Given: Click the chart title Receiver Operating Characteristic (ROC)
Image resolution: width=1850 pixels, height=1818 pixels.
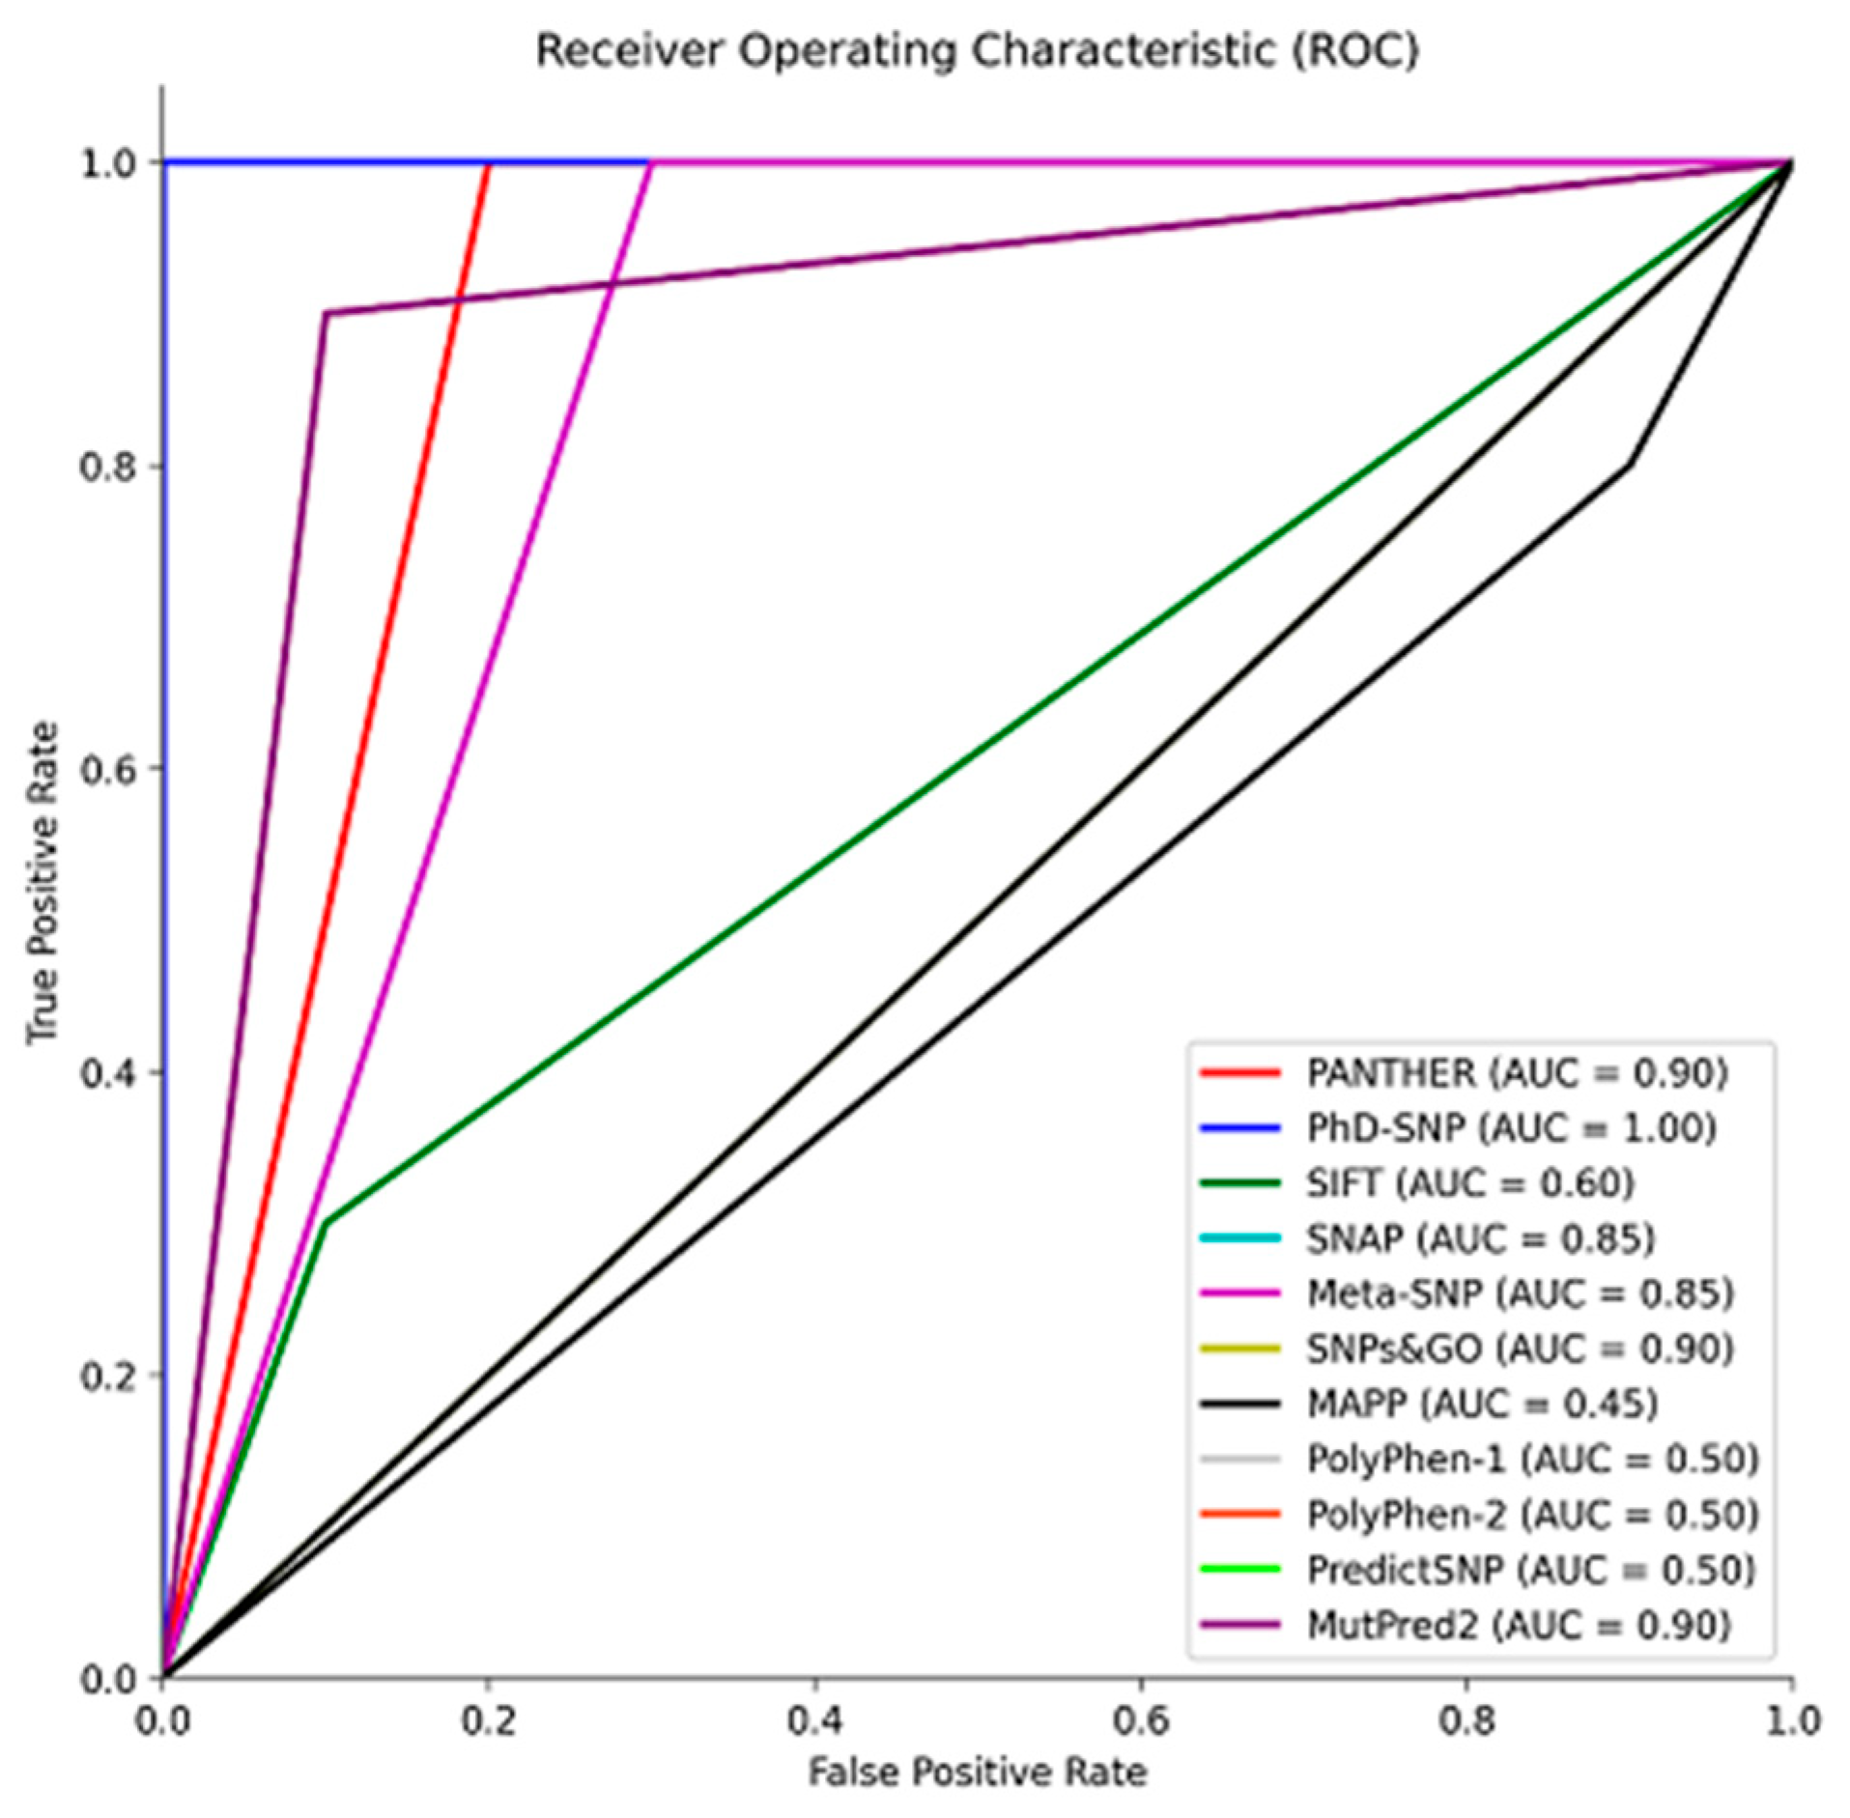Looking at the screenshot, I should [x=977, y=50].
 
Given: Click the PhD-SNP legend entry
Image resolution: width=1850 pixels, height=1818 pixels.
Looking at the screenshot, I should [x=1510, y=1127].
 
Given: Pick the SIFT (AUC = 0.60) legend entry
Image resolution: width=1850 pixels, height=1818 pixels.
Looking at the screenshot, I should [x=1469, y=1182].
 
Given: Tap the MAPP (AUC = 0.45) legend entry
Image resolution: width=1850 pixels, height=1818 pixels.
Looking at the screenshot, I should [x=1481, y=1404].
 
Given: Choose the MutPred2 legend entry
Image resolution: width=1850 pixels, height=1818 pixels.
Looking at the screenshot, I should [x=1517, y=1625].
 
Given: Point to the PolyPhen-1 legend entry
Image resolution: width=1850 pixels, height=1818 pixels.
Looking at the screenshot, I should [x=1532, y=1459].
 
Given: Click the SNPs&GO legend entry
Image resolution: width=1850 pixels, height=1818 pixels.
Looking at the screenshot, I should [x=1520, y=1349].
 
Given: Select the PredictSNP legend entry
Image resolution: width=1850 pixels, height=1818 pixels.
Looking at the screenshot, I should [x=1530, y=1570].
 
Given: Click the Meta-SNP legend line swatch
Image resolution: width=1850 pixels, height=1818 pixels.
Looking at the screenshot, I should [x=1241, y=1293].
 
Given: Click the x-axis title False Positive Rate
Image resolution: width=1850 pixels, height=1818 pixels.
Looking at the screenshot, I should [x=977, y=1773].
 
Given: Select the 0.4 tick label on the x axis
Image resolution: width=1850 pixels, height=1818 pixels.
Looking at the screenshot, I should [x=814, y=1720].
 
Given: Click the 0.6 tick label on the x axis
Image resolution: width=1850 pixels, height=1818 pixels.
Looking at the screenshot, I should [x=1141, y=1720].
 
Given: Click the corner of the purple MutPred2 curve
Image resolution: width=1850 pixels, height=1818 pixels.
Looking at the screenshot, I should [x=327, y=313].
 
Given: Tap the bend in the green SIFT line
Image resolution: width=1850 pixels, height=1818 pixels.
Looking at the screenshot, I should [x=327, y=1224].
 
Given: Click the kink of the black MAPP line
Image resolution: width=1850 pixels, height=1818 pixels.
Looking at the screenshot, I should [x=1631, y=465].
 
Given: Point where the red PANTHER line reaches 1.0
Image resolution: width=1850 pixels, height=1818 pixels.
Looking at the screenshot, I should [x=489, y=163].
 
